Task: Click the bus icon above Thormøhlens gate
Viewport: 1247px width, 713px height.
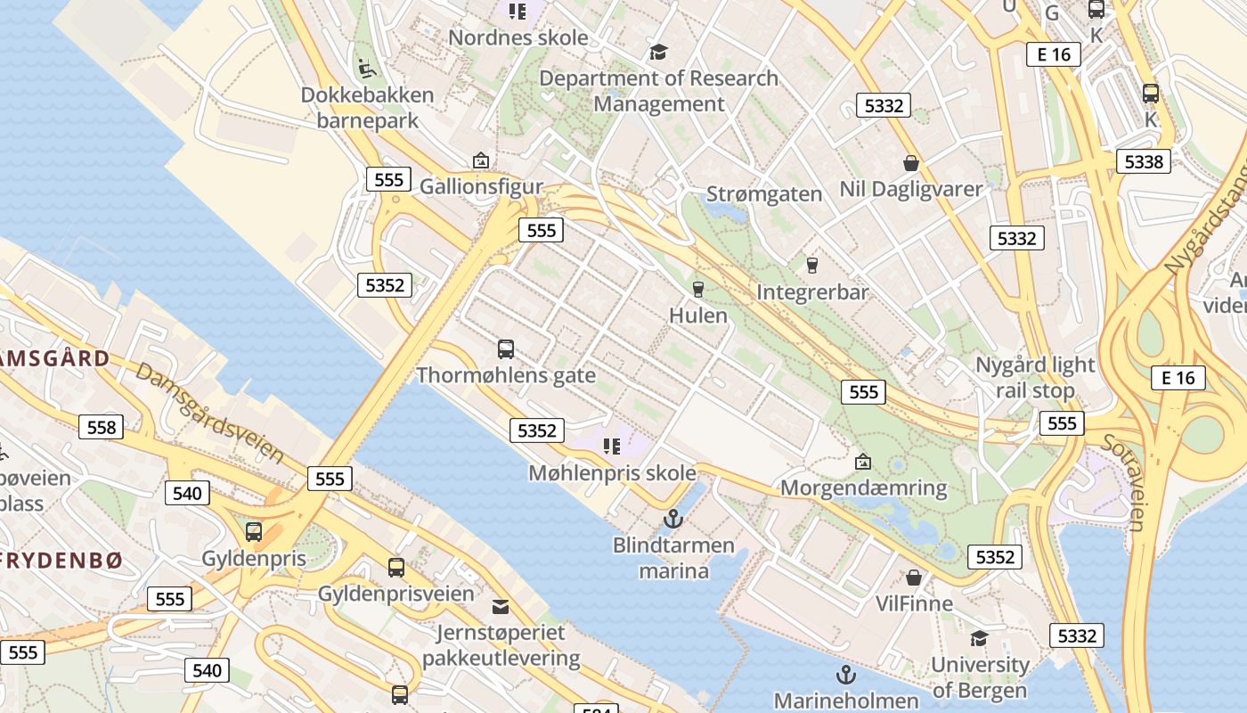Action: pos(506,348)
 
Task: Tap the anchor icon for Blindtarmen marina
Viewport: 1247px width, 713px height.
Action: pos(673,518)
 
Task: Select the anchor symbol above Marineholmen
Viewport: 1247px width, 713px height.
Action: pos(845,674)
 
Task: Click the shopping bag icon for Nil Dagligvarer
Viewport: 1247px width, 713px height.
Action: pos(910,163)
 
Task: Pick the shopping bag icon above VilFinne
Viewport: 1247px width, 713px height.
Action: pos(914,578)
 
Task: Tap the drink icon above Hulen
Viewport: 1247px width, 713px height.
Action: pos(698,289)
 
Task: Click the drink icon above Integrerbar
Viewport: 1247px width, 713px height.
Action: pos(811,265)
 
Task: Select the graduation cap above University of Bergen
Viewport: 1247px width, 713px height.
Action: pos(979,638)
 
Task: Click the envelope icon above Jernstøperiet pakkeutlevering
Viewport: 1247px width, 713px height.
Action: pos(501,607)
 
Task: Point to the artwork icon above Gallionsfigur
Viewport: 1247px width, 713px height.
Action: pos(481,160)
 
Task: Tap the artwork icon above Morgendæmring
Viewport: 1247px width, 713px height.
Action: pos(862,462)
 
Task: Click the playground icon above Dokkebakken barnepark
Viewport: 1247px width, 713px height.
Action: pos(366,68)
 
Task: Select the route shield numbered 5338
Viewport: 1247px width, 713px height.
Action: pos(1144,161)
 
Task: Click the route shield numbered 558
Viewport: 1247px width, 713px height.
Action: pos(102,427)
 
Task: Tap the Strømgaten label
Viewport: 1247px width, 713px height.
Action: pos(764,193)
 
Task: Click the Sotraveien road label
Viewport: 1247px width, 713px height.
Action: pos(1123,482)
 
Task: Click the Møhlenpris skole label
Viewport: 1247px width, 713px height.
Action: pos(612,473)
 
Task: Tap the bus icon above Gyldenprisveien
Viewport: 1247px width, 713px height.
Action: pos(396,567)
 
